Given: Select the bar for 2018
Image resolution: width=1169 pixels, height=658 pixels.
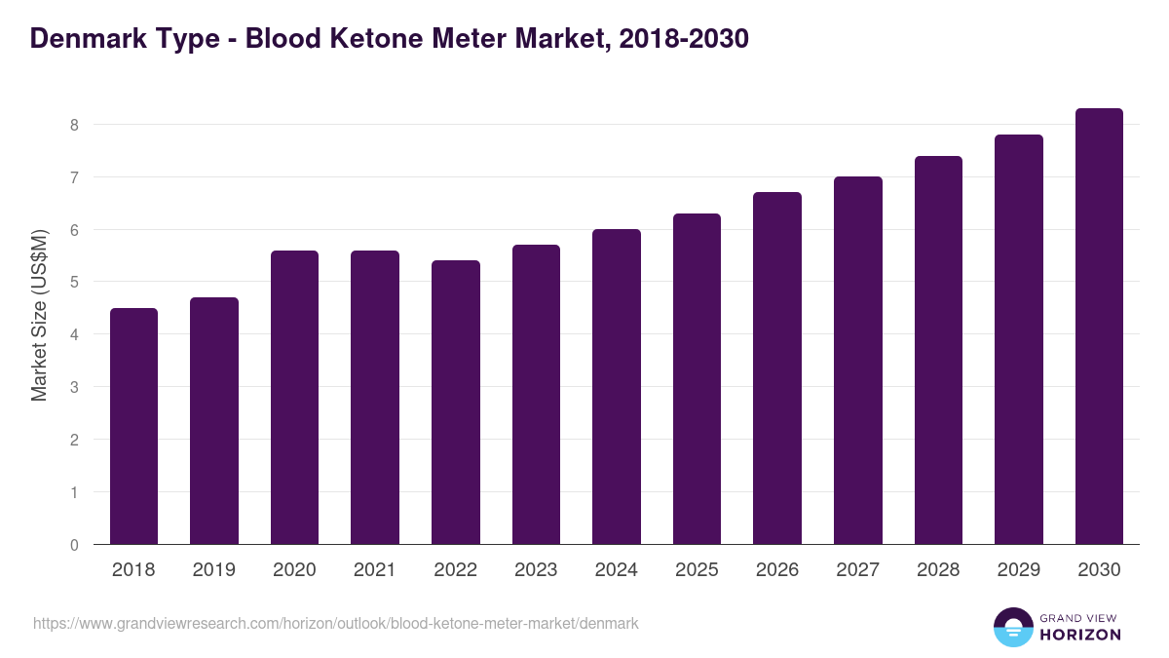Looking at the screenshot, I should point(133,426).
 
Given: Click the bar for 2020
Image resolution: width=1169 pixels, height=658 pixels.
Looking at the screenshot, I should point(294,398).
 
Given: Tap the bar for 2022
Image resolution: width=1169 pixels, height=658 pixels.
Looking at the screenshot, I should point(456,403).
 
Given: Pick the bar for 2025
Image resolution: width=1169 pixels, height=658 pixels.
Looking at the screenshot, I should point(697,379).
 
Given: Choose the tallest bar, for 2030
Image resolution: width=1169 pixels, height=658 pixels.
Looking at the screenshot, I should point(1099,327).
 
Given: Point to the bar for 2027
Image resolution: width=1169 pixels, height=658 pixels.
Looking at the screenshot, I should point(858,361).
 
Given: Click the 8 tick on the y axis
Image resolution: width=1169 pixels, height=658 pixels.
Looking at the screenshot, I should point(73,125).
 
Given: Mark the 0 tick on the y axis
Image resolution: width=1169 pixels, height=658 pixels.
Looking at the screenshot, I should point(73,545).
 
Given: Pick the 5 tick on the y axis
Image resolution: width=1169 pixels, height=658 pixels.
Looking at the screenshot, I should point(73,283).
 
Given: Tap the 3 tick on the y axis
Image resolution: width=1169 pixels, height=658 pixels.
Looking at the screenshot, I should point(73,387).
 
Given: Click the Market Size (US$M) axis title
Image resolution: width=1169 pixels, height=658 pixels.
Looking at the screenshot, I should point(40,316).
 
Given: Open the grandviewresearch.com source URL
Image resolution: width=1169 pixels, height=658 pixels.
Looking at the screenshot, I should point(336,623).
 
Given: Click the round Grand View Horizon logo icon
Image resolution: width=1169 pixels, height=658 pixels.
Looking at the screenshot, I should point(1012,627).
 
